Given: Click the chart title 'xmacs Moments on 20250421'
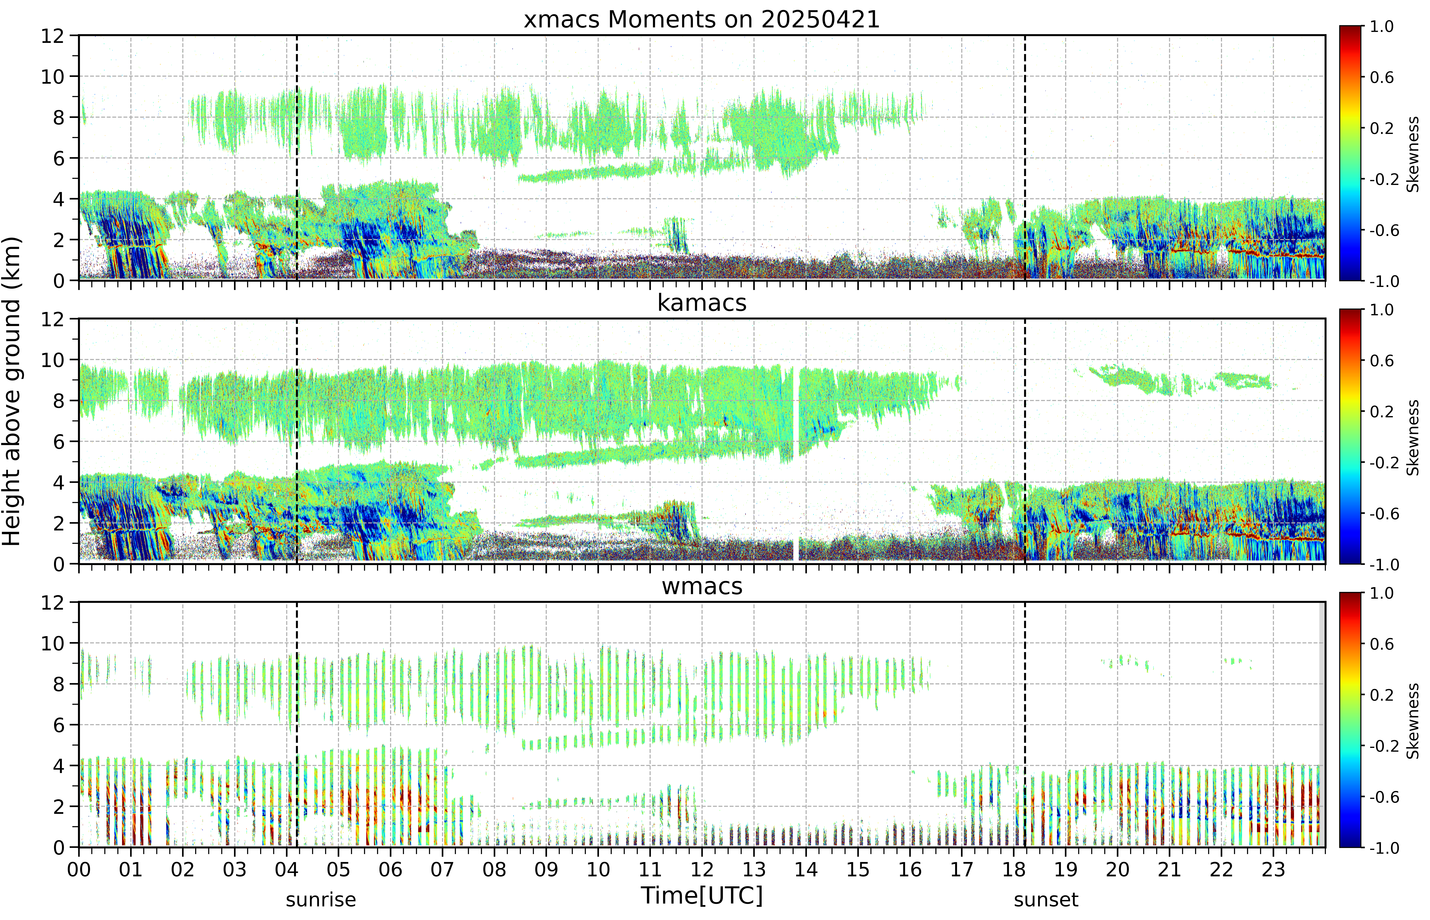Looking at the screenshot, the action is (702, 20).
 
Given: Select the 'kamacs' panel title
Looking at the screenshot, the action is (702, 303).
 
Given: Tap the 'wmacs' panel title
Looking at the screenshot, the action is (702, 586).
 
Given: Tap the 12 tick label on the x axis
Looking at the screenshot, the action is (702, 869).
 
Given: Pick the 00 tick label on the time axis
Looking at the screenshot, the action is (79, 869).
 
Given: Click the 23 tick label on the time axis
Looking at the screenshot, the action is (1273, 869).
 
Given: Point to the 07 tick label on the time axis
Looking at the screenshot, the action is (442, 869).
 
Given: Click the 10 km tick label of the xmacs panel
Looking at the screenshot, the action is (53, 77).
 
